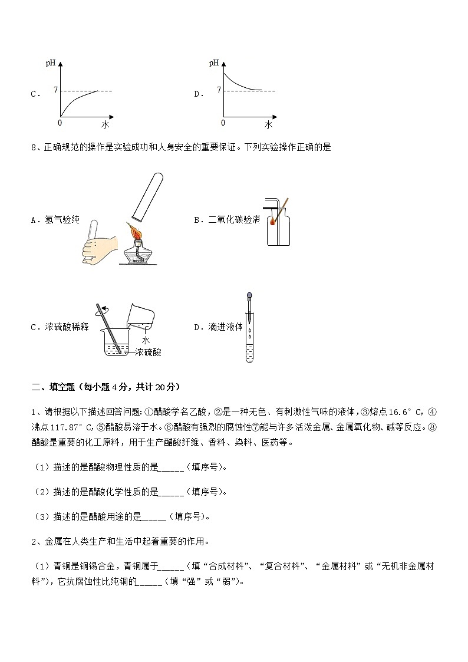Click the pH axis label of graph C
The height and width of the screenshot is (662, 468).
(x=50, y=63)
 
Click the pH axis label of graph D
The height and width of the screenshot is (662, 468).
(x=213, y=63)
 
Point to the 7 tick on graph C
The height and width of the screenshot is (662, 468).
(x=55, y=90)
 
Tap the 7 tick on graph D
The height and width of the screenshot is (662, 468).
(x=218, y=90)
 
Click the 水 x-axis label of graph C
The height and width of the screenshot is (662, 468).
(x=105, y=124)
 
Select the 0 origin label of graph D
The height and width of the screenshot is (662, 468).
(x=223, y=123)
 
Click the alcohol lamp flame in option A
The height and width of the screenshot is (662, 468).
(x=136, y=231)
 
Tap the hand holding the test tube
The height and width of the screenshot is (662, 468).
(x=100, y=247)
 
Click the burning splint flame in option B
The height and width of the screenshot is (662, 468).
(x=273, y=222)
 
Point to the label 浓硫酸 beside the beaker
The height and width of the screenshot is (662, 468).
(x=148, y=352)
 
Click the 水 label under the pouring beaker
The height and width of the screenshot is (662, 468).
(x=146, y=340)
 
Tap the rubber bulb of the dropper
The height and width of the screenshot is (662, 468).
(x=250, y=297)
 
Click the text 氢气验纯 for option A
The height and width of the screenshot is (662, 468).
(x=62, y=220)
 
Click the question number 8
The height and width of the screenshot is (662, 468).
(x=33, y=147)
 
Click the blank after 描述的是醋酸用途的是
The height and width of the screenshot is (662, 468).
(x=154, y=517)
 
